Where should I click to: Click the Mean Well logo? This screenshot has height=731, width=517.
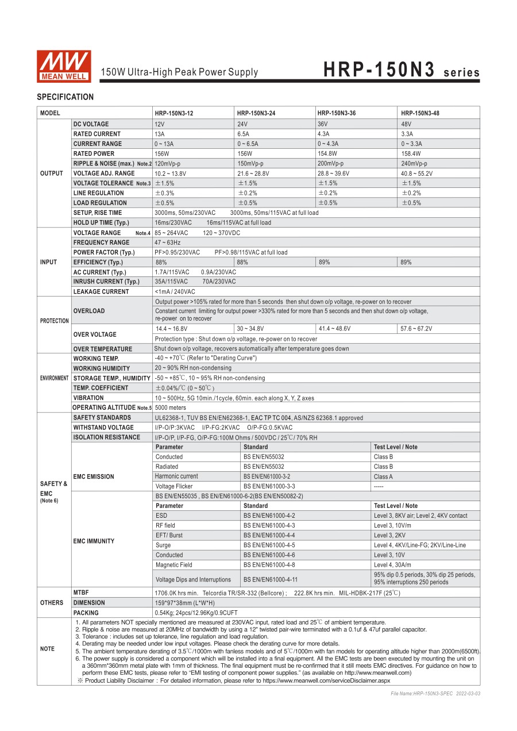point(64,66)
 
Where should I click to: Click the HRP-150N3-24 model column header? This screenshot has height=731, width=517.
point(256,113)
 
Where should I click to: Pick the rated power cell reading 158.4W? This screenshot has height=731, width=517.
point(411,153)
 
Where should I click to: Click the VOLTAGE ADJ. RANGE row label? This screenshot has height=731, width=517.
point(104,173)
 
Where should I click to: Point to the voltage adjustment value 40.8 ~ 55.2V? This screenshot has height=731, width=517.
point(417,173)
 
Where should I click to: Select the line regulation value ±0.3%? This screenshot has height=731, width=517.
point(164,193)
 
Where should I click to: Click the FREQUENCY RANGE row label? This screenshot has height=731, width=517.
point(101,243)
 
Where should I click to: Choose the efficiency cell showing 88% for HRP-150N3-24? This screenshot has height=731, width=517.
point(242,262)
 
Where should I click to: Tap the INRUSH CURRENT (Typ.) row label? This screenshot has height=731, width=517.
point(106,282)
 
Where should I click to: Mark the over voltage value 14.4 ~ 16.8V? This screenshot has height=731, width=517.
point(172,329)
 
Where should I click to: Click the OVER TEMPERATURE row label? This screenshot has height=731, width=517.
point(103,349)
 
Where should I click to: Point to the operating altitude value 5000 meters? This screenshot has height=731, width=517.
point(171,407)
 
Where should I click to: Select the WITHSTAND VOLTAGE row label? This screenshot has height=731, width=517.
point(103,428)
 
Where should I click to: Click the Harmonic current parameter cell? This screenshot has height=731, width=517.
point(176,476)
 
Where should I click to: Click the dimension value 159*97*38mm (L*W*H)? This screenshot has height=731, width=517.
point(184,603)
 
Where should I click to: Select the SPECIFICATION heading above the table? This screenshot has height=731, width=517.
point(65,97)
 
